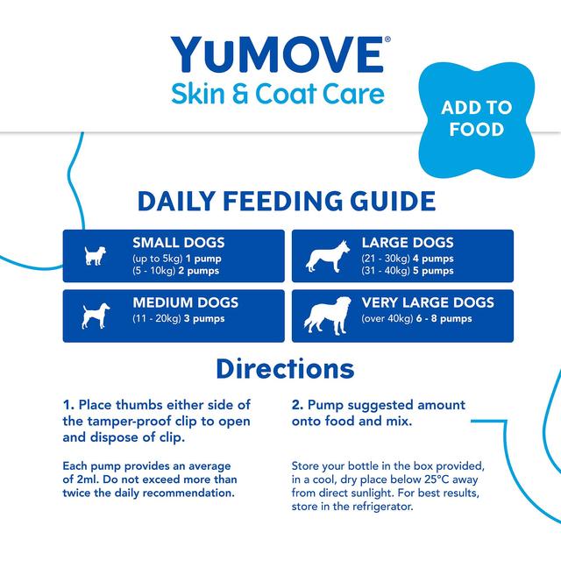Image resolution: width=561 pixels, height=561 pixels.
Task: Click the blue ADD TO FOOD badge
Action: [476, 118]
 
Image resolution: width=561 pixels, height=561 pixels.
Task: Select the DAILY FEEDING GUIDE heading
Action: [287, 202]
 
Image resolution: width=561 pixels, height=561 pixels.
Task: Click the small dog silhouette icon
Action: [93, 256]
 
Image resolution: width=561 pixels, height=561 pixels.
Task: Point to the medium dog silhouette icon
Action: [93, 315]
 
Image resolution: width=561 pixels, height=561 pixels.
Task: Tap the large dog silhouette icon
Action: [324, 256]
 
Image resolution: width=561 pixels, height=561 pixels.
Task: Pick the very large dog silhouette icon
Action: [326, 316]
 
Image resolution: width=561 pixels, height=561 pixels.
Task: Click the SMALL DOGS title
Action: [178, 243]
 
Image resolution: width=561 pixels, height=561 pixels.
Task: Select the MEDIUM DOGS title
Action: [185, 303]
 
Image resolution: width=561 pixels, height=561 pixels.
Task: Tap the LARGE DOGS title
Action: [408, 243]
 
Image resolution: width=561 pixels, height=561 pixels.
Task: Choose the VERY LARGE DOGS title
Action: [428, 303]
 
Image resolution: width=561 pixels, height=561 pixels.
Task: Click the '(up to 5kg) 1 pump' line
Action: [175, 259]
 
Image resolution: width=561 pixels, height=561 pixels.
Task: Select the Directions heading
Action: [285, 367]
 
